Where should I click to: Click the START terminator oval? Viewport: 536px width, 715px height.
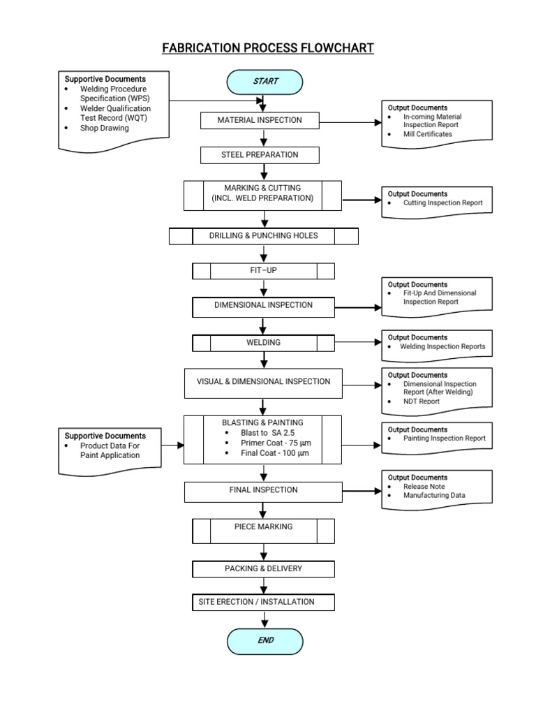(265, 82)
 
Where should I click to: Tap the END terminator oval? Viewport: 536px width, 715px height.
(265, 640)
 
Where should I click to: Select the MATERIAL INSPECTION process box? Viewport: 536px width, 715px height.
(260, 120)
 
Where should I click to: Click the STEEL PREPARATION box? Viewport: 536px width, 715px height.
(260, 154)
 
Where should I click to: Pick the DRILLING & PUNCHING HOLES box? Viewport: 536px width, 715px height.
(263, 236)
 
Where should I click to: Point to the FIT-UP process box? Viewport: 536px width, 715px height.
(263, 271)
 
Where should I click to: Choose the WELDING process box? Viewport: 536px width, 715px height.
(263, 343)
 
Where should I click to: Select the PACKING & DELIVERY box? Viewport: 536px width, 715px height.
(263, 569)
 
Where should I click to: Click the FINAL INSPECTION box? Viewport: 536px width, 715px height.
(263, 491)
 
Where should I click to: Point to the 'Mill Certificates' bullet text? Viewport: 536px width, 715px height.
(427, 134)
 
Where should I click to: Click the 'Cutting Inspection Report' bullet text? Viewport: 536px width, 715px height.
(442, 203)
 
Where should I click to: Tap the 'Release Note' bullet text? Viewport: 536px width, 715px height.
(424, 486)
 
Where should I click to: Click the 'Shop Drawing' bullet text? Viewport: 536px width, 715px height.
(105, 128)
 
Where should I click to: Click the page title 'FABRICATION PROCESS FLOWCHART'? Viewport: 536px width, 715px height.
(268, 48)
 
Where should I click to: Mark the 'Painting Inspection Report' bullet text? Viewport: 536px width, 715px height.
(444, 438)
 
